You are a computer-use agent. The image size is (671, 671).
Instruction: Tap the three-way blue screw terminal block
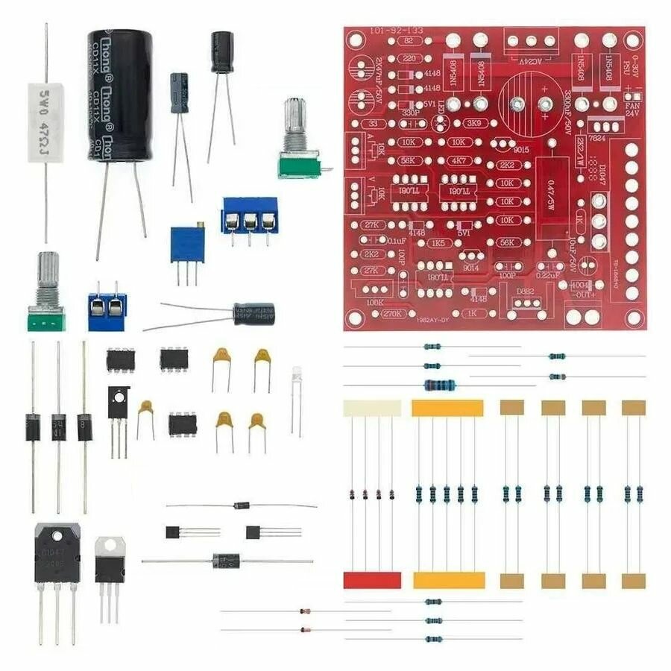tap(249, 215)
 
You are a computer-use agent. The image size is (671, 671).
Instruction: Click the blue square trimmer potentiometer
tap(187, 244)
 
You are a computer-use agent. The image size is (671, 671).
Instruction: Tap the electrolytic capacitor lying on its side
tap(253, 313)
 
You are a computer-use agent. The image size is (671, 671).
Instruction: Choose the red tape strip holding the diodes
tap(372, 580)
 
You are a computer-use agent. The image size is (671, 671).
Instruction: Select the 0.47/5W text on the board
tap(552, 198)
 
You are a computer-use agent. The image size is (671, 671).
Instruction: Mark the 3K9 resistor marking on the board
tap(472, 123)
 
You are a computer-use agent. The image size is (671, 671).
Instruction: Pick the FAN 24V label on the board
tap(633, 110)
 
